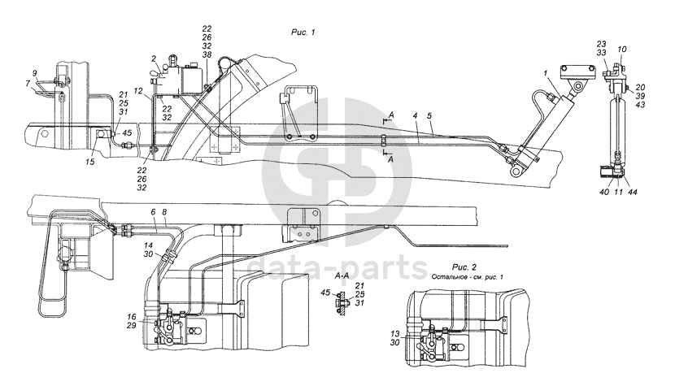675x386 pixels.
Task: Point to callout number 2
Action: (x=154, y=59)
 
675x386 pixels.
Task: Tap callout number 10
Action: (x=622, y=50)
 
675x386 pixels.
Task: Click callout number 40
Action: (x=603, y=192)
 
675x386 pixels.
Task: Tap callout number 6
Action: (x=153, y=211)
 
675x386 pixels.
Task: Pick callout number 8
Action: (x=165, y=211)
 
